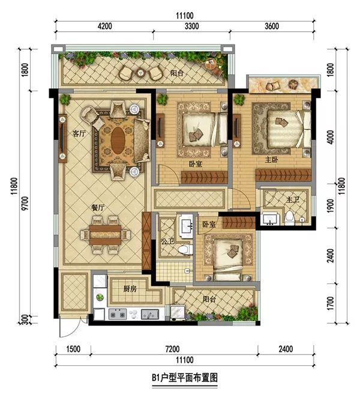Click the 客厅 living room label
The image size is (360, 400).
(79, 133)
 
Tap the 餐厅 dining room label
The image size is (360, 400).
(98, 207)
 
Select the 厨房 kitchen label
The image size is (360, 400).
(130, 289)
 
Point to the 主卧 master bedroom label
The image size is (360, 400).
(271, 160)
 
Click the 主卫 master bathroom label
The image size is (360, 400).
(292, 199)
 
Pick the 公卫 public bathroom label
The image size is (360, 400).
(167, 241)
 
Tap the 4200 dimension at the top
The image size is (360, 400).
(105, 26)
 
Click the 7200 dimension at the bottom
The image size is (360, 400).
(172, 349)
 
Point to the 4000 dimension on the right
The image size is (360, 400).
(330, 137)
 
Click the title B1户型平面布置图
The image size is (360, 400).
(185, 377)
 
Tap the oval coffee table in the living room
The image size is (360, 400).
(118, 141)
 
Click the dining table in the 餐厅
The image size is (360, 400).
(105, 235)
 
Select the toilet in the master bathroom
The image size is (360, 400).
(289, 218)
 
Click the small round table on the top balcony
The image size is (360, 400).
(140, 73)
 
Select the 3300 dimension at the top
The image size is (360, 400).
(191, 26)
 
